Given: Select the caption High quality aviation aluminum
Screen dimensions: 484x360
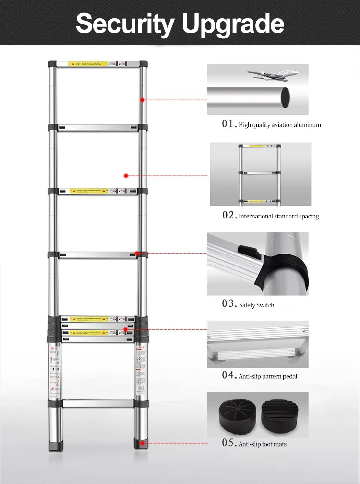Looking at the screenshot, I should point(279,125).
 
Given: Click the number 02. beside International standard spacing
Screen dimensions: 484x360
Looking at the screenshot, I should point(229,216).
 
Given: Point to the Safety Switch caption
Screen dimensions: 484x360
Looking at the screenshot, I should point(256,305).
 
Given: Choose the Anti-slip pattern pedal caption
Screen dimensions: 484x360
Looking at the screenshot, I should point(267,376).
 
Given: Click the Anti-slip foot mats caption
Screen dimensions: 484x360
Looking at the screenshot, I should point(262,444).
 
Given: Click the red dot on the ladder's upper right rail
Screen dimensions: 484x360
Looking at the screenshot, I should point(143,100).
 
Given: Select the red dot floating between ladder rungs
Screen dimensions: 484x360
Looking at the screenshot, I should point(126,176).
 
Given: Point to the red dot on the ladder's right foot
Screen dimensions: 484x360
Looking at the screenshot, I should point(141,444).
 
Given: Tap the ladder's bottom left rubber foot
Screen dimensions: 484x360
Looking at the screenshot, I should point(54,447).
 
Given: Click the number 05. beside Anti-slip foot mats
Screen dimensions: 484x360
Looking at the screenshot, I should point(229,443).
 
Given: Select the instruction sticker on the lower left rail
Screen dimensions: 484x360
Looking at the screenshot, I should point(54,370).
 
